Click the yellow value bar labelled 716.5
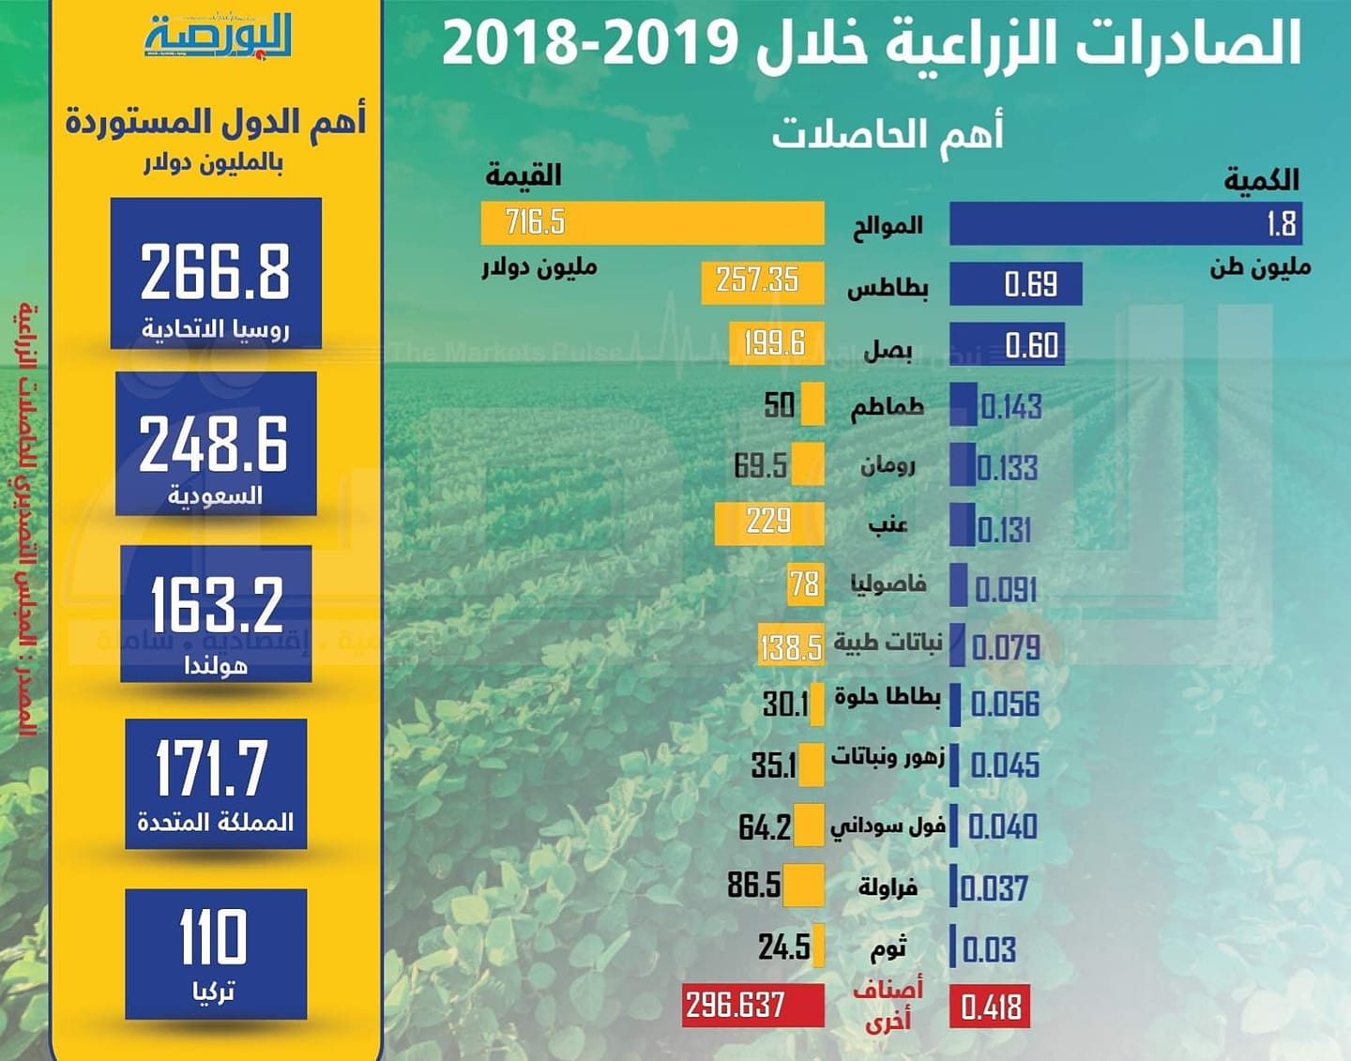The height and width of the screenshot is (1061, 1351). pyautogui.click(x=652, y=223)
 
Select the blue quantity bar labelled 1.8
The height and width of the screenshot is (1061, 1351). pyautogui.click(x=1125, y=223)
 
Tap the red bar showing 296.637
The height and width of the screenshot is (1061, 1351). pyautogui.click(x=752, y=1005)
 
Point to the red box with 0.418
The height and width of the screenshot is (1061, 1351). pyautogui.click(x=989, y=1006)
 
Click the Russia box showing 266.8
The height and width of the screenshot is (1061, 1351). pyautogui.click(x=216, y=273)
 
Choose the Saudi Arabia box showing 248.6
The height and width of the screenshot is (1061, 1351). pyautogui.click(x=216, y=444)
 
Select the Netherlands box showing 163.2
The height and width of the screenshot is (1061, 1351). pyautogui.click(x=216, y=613)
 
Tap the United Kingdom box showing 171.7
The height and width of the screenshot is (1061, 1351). pyautogui.click(x=216, y=783)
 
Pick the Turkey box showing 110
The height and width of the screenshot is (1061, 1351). pyautogui.click(x=216, y=953)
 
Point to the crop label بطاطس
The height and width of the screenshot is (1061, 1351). pyautogui.click(x=888, y=287)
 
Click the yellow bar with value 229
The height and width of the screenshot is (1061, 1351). pyautogui.click(x=768, y=523)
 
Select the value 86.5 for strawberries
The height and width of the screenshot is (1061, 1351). pyautogui.click(x=753, y=885)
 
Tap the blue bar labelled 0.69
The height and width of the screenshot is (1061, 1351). pyautogui.click(x=1015, y=283)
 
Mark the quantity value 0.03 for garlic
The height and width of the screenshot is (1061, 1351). pyautogui.click(x=989, y=949)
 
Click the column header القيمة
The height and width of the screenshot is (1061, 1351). pyautogui.click(x=523, y=175)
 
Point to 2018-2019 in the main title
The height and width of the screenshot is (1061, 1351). pyautogui.click(x=590, y=43)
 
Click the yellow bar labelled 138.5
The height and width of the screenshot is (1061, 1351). pyautogui.click(x=791, y=646)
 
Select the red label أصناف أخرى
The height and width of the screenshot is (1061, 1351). pyautogui.click(x=888, y=1004)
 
